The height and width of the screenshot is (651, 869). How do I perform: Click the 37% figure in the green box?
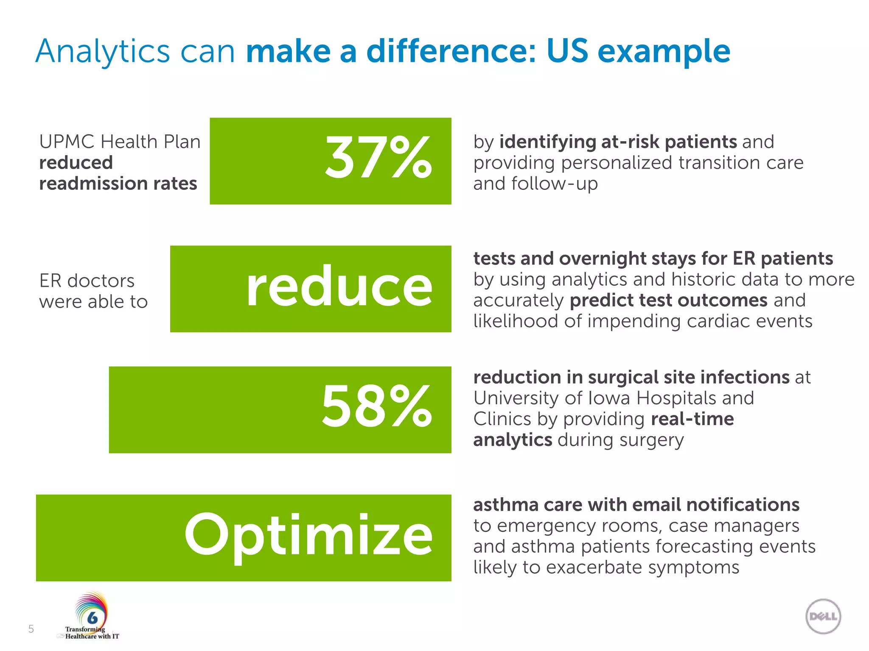coord(378,159)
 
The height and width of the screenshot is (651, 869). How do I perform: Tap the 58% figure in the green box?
coord(376,407)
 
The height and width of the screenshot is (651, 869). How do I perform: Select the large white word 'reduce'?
coord(339,287)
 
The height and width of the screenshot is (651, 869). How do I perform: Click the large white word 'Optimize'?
coord(308,535)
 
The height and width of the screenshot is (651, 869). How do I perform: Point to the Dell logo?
coord(823,616)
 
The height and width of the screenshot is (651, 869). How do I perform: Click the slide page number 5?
coord(31,629)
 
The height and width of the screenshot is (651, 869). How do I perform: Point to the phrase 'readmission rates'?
coord(118,184)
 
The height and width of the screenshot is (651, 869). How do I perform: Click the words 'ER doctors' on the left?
coord(87,281)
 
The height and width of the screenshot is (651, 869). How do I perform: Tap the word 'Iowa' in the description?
coord(609,398)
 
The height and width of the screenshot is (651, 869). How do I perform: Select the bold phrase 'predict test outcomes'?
coord(668,300)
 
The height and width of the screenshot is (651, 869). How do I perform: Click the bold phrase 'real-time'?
coord(692,419)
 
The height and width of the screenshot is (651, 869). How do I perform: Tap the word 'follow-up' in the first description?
coord(554,184)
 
